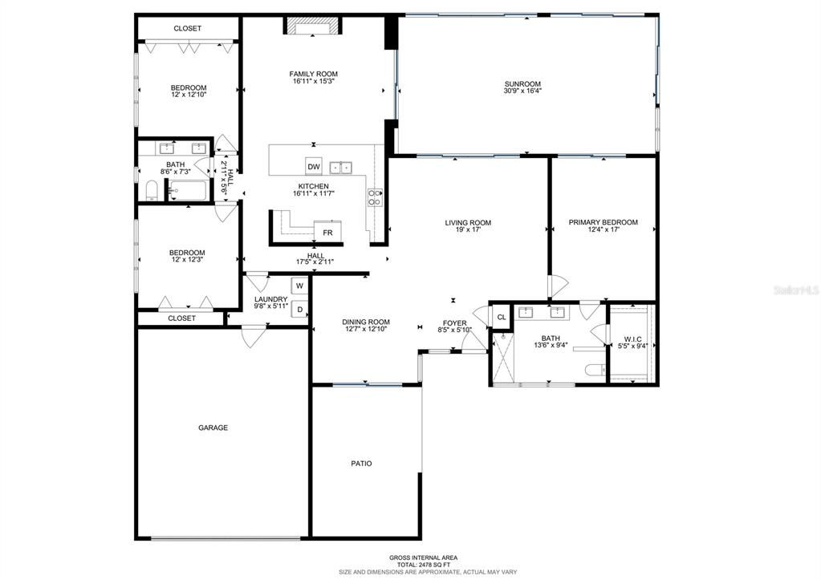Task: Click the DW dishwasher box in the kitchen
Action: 314,167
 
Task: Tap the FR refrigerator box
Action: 327,233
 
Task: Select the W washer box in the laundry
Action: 299,285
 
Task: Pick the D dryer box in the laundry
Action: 299,309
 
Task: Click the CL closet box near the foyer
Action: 501,317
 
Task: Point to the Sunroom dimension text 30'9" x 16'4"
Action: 522,91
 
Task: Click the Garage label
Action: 213,428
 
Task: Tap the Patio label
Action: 361,463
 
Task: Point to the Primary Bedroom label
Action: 603,222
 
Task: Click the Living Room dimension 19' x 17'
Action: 468,231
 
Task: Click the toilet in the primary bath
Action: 595,371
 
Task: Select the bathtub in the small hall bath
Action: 189,191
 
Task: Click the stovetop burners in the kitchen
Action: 374,197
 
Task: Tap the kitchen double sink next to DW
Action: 342,167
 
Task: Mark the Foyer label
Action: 454,323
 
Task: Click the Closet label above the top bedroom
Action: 188,28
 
